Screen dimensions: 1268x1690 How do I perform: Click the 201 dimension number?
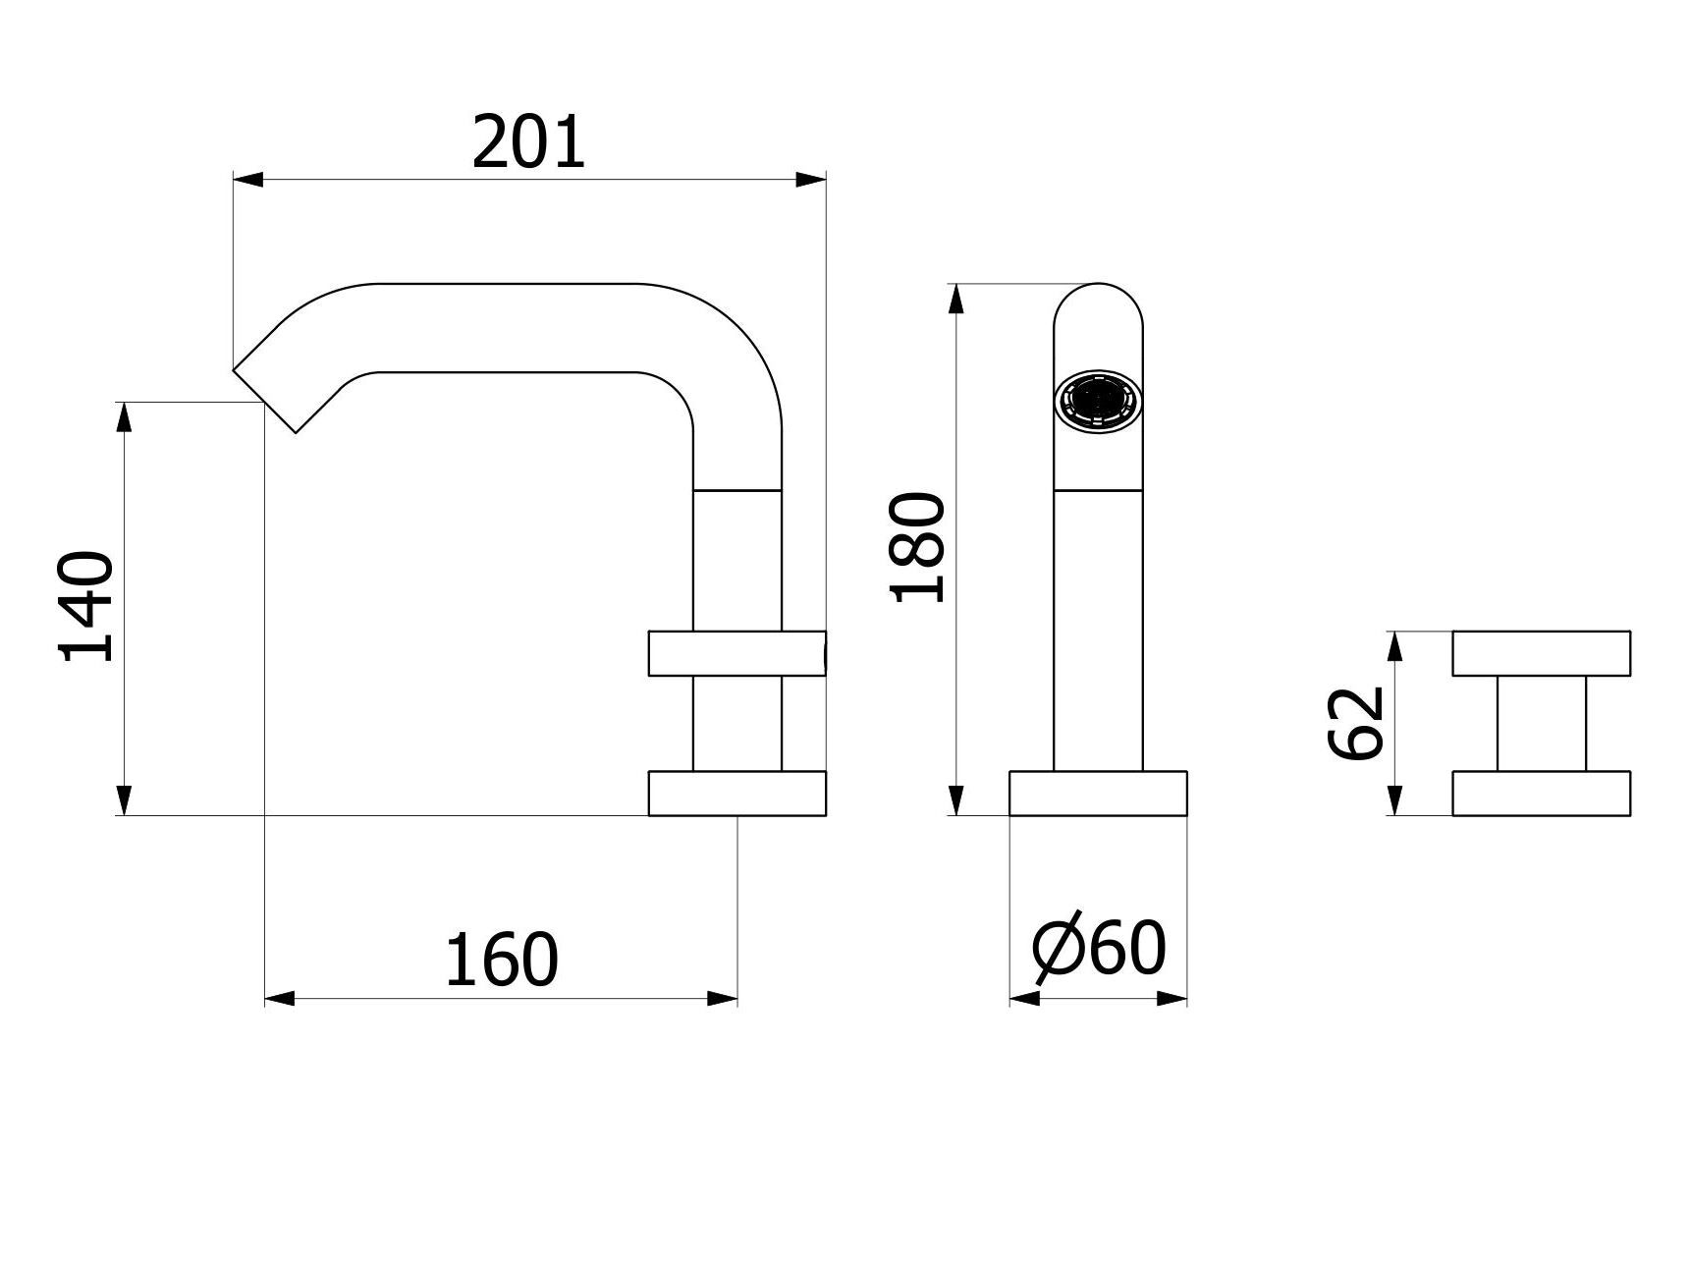pyautogui.click(x=528, y=143)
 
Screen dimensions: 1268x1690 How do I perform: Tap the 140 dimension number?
pyautogui.click(x=87, y=607)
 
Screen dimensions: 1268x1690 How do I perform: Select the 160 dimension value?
pyautogui.click(x=501, y=961)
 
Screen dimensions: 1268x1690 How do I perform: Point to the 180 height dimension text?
pyautogui.click(x=917, y=546)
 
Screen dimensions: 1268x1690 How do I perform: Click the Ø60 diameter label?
pyautogui.click(x=1099, y=950)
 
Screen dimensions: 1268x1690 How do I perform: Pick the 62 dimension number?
pyautogui.click(x=1356, y=723)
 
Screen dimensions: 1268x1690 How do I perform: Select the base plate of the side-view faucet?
pyautogui.click(x=736, y=794)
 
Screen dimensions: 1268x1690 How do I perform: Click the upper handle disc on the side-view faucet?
pyautogui.click(x=736, y=654)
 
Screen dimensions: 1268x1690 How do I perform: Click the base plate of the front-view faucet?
pyautogui.click(x=1098, y=794)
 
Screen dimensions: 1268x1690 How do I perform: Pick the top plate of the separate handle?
pyautogui.click(x=1541, y=653)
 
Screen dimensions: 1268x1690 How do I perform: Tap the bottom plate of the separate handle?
pyautogui.click(x=1541, y=794)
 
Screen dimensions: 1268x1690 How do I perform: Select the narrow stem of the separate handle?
pyautogui.click(x=1541, y=723)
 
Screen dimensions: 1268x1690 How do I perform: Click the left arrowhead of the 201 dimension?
pyautogui.click(x=247, y=180)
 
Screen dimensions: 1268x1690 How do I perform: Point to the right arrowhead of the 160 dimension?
pyautogui.click(x=723, y=999)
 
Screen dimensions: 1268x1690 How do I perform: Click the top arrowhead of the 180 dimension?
pyautogui.click(x=956, y=299)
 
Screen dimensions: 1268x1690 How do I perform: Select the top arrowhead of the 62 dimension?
pyautogui.click(x=1395, y=646)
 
